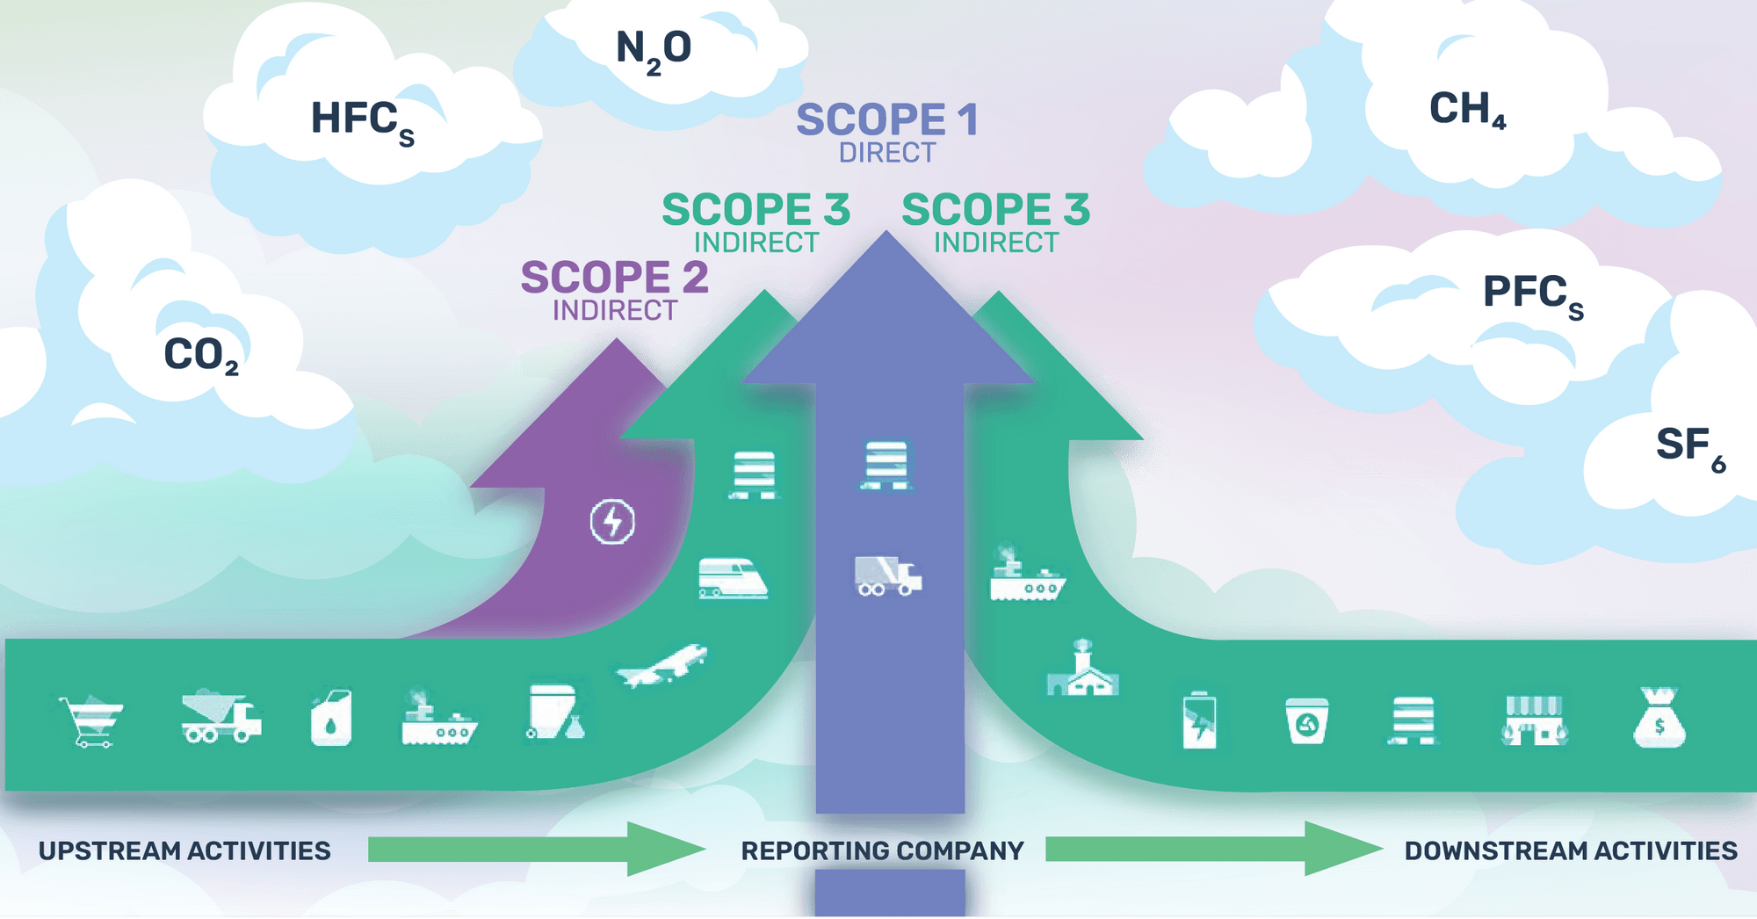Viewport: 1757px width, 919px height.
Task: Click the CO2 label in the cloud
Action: [200, 355]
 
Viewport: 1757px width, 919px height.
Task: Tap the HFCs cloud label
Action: [361, 120]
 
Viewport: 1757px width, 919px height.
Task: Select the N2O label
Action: [653, 49]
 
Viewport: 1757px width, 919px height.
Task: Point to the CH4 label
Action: [1466, 110]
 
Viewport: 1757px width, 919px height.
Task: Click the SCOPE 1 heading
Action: [886, 119]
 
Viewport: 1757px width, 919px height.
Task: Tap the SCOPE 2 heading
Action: [614, 278]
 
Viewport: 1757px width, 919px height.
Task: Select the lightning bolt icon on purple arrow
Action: [612, 522]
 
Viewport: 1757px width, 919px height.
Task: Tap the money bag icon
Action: [1659, 718]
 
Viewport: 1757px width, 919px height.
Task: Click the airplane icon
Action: [662, 666]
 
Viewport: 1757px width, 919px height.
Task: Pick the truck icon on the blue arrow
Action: [887, 576]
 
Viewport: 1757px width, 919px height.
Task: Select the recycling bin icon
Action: [1306, 720]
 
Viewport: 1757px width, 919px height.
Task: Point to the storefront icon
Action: [1534, 720]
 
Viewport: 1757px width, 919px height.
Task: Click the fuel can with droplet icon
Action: [331, 719]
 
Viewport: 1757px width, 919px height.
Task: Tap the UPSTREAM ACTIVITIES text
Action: [184, 850]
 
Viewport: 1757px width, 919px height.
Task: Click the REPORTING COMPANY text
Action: [882, 850]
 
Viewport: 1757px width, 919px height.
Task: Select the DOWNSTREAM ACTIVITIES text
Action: [1570, 850]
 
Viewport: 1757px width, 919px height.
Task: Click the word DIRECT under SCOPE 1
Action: [886, 153]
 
